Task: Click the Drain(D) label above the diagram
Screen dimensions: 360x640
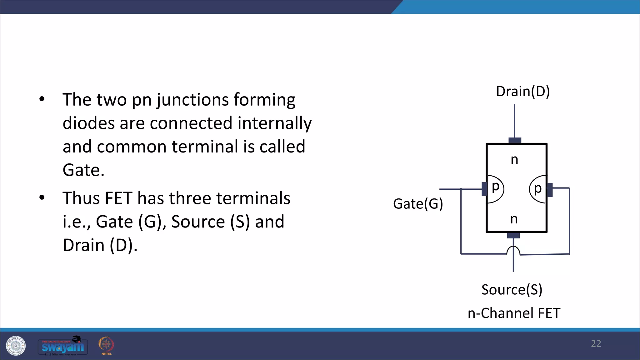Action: (523, 91)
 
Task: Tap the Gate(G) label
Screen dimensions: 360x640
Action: (418, 204)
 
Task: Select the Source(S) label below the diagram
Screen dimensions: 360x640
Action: (512, 289)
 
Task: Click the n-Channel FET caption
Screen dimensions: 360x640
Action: (514, 313)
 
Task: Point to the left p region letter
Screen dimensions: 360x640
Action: (495, 187)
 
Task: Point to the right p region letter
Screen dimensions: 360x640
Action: (537, 189)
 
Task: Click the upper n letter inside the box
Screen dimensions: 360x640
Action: (514, 160)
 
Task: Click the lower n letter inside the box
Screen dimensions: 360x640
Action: (514, 219)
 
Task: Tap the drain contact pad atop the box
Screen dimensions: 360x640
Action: (515, 140)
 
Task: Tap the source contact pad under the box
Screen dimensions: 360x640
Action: (513, 235)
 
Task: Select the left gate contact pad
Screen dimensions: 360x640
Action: (484, 189)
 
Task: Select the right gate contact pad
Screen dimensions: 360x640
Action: (550, 190)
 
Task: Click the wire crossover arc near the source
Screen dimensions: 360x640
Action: (513, 250)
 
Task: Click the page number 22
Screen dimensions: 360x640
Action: (596, 344)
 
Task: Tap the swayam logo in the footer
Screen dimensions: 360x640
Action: (63, 346)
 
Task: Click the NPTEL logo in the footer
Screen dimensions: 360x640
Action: (106, 346)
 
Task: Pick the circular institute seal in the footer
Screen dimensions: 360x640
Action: (16, 346)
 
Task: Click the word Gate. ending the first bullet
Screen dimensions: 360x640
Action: (83, 170)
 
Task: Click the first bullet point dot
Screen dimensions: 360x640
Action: (42, 99)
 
